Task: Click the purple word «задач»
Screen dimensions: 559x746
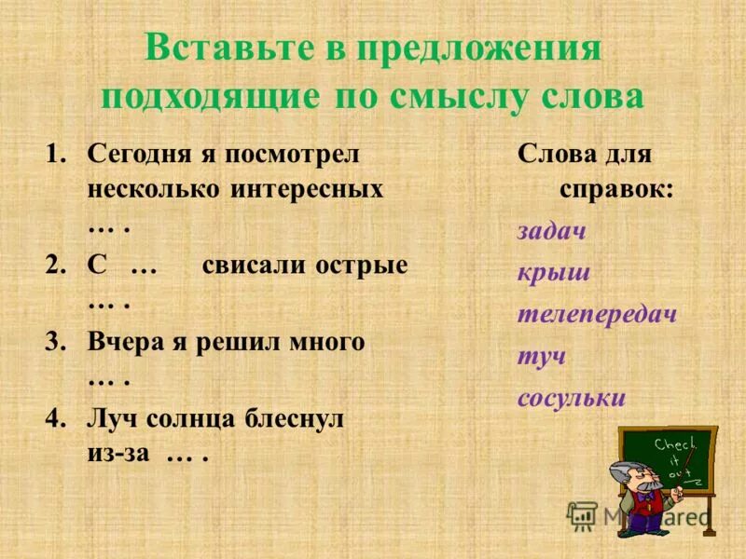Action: coord(552,231)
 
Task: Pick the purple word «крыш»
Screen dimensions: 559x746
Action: coord(554,273)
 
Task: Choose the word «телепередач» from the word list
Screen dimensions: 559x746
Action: coord(597,314)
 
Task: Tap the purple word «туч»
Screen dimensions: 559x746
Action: coord(542,356)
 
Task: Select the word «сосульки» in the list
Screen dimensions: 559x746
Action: coord(571,398)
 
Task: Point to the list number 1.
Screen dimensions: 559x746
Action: coord(56,153)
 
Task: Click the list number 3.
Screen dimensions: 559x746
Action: coord(55,342)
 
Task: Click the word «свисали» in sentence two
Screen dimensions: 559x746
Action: coord(247,265)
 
